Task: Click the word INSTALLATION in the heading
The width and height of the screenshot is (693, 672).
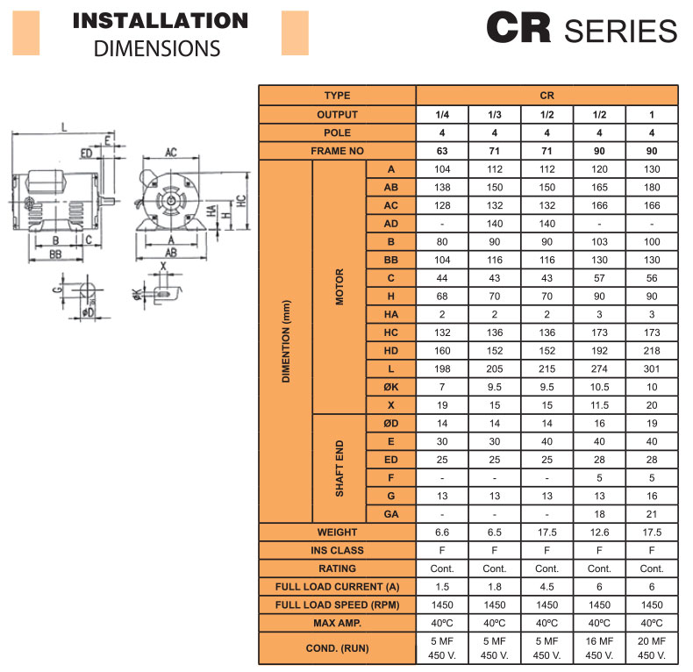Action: (161, 21)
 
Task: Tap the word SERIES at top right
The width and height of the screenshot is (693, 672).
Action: (620, 31)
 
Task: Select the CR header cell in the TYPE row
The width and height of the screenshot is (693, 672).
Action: (547, 96)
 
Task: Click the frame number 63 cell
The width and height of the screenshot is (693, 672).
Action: (442, 151)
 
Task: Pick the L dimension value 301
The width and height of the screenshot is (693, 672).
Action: (652, 368)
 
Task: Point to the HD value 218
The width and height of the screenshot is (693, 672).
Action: (652, 351)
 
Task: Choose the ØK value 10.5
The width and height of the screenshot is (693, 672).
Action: (599, 387)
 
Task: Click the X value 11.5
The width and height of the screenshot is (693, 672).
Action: (599, 405)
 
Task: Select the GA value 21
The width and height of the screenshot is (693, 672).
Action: (652, 514)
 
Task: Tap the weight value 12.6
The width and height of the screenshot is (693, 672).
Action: (599, 533)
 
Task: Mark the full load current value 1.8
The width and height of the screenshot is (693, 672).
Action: (495, 587)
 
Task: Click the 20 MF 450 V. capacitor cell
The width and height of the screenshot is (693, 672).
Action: (652, 648)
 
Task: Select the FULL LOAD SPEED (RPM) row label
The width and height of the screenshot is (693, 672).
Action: (337, 604)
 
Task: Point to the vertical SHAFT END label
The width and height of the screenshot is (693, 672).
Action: (339, 468)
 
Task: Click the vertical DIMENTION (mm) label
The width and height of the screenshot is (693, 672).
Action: (286, 341)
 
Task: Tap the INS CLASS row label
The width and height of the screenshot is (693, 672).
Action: (337, 550)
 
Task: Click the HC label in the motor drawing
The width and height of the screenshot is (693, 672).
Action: (241, 201)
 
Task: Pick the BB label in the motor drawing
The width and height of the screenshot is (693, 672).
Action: (55, 254)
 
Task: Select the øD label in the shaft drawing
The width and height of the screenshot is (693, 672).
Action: (88, 312)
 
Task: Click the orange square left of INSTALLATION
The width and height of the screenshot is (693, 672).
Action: (26, 33)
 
